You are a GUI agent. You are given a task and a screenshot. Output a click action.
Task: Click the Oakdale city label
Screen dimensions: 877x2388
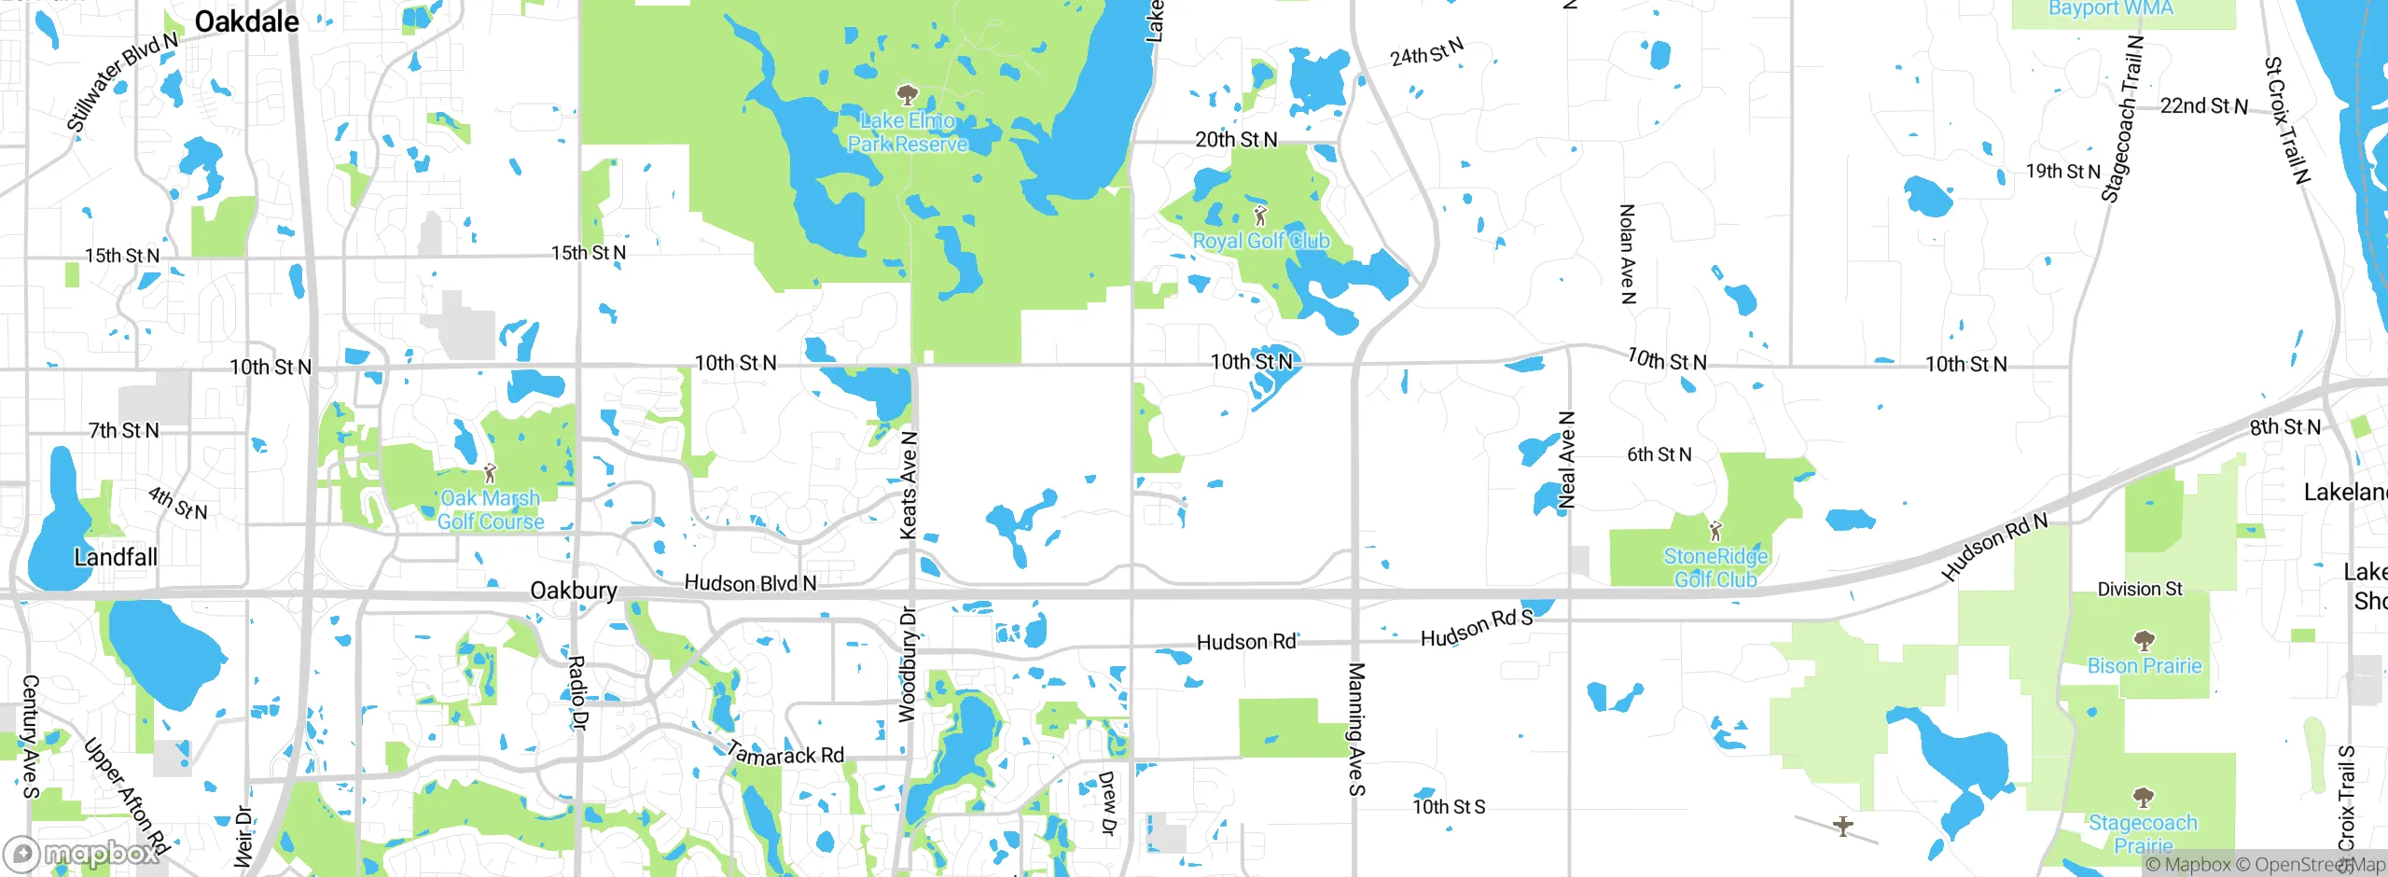pos(246,21)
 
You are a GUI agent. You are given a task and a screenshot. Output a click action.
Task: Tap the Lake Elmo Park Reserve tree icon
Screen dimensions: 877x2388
pos(907,94)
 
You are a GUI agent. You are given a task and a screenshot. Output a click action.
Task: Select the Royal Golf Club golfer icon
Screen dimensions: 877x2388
pos(1260,216)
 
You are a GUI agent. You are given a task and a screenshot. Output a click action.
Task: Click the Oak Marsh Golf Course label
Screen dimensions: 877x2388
pos(491,510)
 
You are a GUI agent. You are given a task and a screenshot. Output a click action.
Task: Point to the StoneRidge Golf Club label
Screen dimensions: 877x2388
pos(1715,567)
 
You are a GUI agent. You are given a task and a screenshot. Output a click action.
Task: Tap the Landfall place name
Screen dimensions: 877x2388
pos(116,557)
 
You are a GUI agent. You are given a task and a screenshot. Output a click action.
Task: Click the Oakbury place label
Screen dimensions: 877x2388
pos(573,591)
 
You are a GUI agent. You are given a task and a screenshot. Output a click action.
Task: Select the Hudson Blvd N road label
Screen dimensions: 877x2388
pos(750,583)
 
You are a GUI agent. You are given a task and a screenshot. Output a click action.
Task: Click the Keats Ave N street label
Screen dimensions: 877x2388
pos(909,485)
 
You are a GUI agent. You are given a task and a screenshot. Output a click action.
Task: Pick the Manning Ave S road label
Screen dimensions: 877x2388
pos(1356,729)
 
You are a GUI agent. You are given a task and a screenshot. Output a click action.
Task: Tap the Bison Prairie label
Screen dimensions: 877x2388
pos(2144,666)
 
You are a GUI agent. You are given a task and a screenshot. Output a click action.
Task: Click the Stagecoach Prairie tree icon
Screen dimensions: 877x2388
pos(2143,797)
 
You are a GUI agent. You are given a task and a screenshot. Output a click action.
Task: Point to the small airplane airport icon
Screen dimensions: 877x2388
pos(1842,826)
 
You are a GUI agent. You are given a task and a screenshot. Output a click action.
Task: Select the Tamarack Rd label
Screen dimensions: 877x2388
pos(785,753)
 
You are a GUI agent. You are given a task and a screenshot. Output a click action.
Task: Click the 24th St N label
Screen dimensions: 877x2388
pos(1426,52)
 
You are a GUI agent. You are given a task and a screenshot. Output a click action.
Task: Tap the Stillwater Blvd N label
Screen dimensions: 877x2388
pos(122,81)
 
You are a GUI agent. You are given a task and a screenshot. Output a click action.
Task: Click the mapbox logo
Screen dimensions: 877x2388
pos(82,853)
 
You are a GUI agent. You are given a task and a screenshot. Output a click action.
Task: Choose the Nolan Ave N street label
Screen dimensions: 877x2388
pos(1627,254)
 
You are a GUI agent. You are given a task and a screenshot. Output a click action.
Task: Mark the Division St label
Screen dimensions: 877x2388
pos(2140,589)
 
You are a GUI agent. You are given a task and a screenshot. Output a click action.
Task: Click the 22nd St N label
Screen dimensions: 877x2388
pos(2203,106)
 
